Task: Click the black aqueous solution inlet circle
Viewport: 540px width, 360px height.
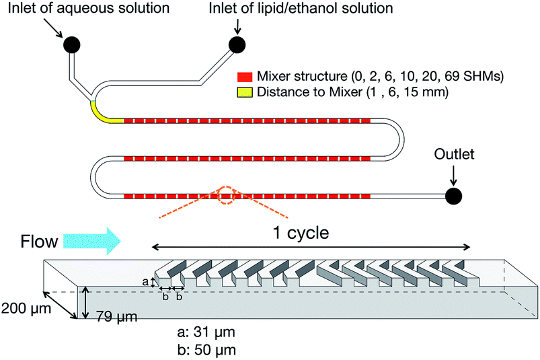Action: pyautogui.click(x=72, y=44)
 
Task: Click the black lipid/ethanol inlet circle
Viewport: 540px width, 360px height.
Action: pyautogui.click(x=237, y=44)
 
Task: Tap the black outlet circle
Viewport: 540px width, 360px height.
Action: pyautogui.click(x=453, y=196)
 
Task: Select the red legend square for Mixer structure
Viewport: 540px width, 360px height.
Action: pyautogui.click(x=245, y=77)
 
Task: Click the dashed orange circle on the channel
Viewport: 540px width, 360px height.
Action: pyautogui.click(x=226, y=196)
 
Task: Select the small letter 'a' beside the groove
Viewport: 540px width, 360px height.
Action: pyautogui.click(x=145, y=281)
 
